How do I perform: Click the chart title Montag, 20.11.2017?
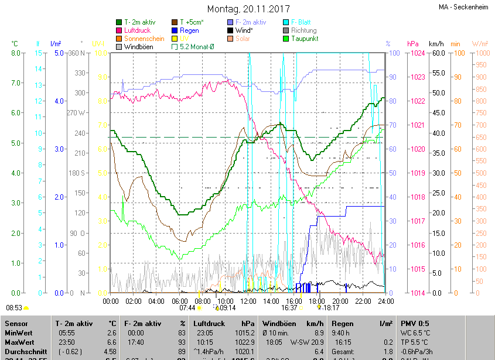(249, 9)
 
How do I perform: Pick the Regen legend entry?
(189, 30)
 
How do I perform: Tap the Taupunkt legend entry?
(304, 39)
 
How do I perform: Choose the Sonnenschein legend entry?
(144, 39)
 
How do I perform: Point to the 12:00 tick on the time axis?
(248, 301)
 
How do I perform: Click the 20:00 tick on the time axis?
(340, 301)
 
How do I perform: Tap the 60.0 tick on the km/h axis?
(435, 53)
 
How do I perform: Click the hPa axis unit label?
(412, 44)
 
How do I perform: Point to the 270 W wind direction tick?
(76, 112)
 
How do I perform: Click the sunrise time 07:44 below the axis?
(187, 307)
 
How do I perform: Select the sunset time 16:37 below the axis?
(289, 307)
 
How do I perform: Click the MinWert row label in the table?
(19, 332)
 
